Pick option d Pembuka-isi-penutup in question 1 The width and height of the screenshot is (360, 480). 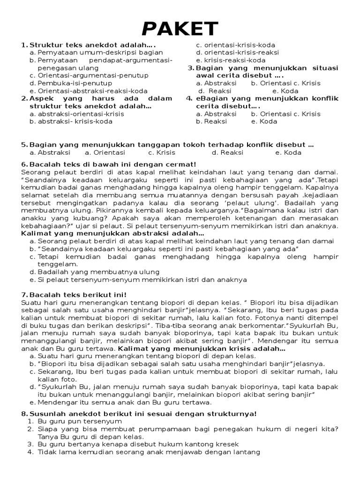click(75, 83)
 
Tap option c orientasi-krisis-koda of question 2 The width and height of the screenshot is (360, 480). click(239, 45)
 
